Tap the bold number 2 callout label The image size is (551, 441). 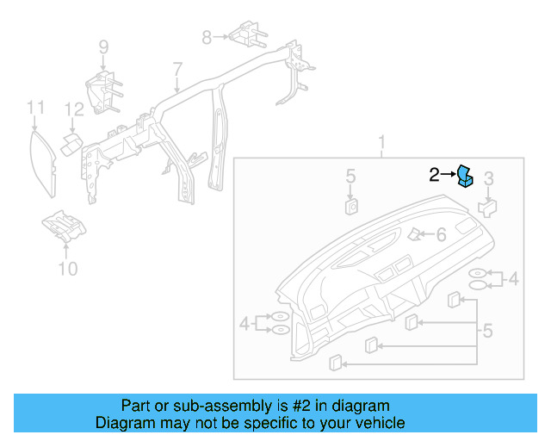[x=435, y=176]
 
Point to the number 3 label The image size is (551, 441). [x=488, y=179]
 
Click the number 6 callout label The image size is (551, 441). [x=440, y=234]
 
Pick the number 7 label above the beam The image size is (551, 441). [x=177, y=69]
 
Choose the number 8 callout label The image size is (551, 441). [x=207, y=37]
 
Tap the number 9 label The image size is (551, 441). [x=103, y=47]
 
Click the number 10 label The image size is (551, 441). [x=67, y=270]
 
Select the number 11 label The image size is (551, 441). [x=34, y=108]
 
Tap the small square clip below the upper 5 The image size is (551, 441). [x=351, y=205]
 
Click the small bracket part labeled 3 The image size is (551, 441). [x=488, y=207]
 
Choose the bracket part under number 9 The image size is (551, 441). [x=102, y=90]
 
